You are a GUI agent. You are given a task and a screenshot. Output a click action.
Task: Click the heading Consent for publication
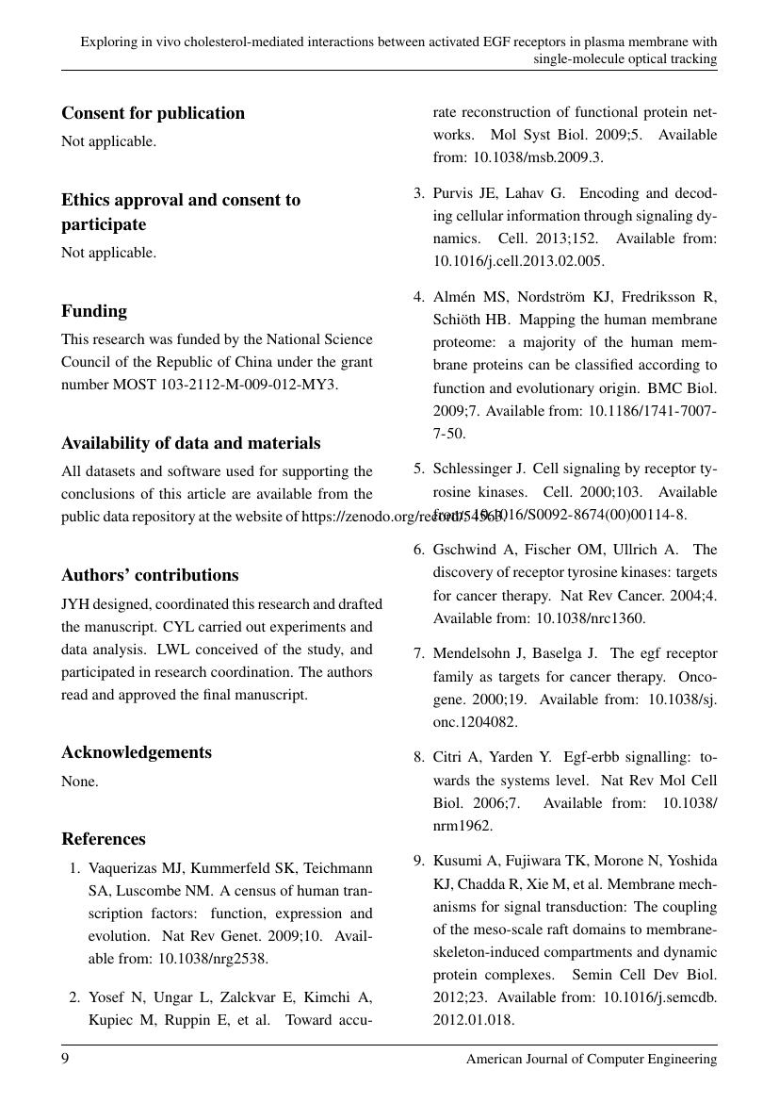coord(153,113)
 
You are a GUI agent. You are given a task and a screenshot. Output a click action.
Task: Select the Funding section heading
coord(94,311)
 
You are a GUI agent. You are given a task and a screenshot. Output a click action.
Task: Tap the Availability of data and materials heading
coord(190,443)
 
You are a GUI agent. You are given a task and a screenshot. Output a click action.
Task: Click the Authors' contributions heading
coord(150,575)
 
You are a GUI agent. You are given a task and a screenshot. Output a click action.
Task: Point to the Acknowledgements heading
coord(137,752)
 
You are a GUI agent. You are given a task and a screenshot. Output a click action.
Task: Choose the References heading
coord(104,839)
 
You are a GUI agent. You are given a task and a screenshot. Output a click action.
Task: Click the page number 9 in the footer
coord(66,1059)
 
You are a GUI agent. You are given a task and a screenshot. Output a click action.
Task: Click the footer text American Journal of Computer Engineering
coord(592,1059)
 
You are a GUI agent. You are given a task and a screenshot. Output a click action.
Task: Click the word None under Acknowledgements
coord(80,781)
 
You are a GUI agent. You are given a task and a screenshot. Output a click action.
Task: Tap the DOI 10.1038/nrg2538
coord(213,959)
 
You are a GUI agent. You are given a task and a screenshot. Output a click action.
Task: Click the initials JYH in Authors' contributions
coord(76,603)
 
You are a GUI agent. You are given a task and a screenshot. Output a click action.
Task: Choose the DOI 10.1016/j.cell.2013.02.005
coord(518,261)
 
